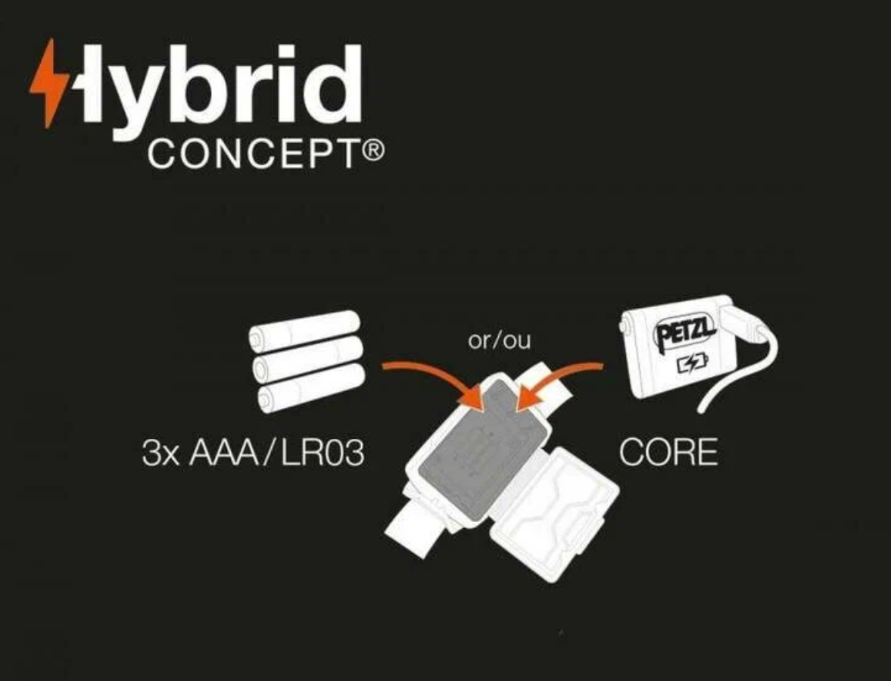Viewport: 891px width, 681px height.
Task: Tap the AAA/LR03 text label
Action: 276,453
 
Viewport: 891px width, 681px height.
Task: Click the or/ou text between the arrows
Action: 499,341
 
